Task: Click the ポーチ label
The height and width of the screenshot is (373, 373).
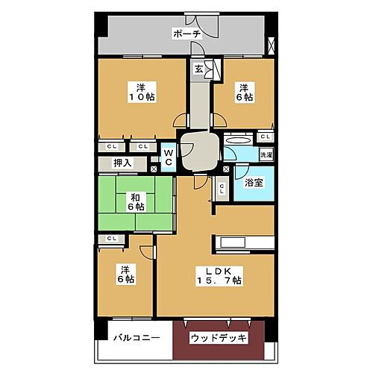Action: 186,34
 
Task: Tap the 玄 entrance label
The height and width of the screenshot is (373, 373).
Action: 198,69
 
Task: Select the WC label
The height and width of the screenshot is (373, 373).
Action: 168,156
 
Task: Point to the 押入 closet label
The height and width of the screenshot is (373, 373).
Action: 122,162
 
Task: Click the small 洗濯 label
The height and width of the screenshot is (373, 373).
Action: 266,154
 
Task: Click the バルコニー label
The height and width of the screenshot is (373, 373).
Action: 137,338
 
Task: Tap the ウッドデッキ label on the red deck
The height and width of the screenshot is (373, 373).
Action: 219,338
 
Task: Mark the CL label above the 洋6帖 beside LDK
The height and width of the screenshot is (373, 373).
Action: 112,239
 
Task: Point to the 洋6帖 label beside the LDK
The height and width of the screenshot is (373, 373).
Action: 124,274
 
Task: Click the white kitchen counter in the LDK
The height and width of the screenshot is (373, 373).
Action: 243,243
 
